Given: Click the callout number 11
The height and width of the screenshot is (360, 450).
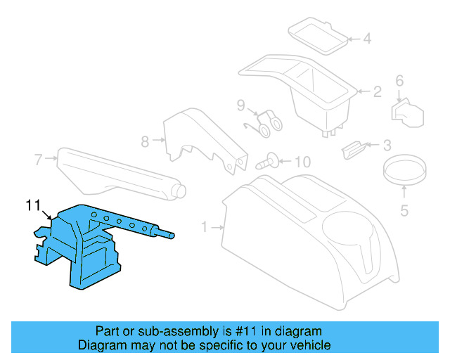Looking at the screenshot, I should click(x=33, y=205).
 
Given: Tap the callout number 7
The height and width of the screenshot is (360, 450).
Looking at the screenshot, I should click(x=39, y=159).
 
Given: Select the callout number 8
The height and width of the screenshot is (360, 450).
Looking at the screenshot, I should click(x=145, y=141).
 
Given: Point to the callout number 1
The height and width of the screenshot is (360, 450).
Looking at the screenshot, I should click(x=205, y=227).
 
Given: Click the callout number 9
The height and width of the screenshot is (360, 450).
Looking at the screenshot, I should click(x=240, y=106).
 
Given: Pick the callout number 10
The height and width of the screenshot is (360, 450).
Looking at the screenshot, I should click(x=301, y=162).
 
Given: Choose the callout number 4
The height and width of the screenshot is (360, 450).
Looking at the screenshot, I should click(x=366, y=39).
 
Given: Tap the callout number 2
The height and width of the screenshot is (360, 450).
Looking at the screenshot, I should click(x=377, y=91).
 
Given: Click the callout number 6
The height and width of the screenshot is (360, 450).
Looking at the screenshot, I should click(x=399, y=82).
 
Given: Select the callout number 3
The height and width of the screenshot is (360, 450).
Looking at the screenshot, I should click(x=386, y=146).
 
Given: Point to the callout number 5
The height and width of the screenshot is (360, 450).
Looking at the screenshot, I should click(x=404, y=210).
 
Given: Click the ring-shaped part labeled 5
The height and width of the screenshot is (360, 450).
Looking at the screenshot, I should click(x=404, y=169).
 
